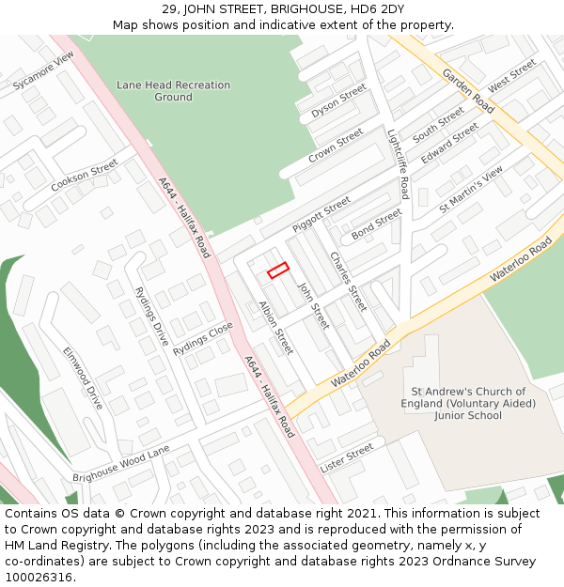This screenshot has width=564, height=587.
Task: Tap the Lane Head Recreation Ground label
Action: tap(173, 91)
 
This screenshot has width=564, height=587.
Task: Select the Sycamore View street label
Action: tap(43, 71)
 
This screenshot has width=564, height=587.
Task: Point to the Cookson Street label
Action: tap(85, 176)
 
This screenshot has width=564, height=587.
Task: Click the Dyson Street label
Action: tap(338, 101)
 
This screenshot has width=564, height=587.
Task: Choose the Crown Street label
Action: tap(336, 147)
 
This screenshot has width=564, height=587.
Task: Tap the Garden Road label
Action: tap(468, 91)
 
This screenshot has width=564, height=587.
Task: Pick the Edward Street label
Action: tap(449, 144)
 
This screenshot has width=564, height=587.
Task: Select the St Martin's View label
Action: tap(471, 190)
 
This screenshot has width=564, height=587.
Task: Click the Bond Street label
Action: tap(376, 224)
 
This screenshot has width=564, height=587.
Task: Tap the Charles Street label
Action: tap(348, 281)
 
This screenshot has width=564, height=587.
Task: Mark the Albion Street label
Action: tap(276, 328)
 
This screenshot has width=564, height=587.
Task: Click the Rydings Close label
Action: tap(202, 334)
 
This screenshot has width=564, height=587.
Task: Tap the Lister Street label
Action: tap(346, 458)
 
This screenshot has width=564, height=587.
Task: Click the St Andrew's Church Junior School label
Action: tap(468, 403)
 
